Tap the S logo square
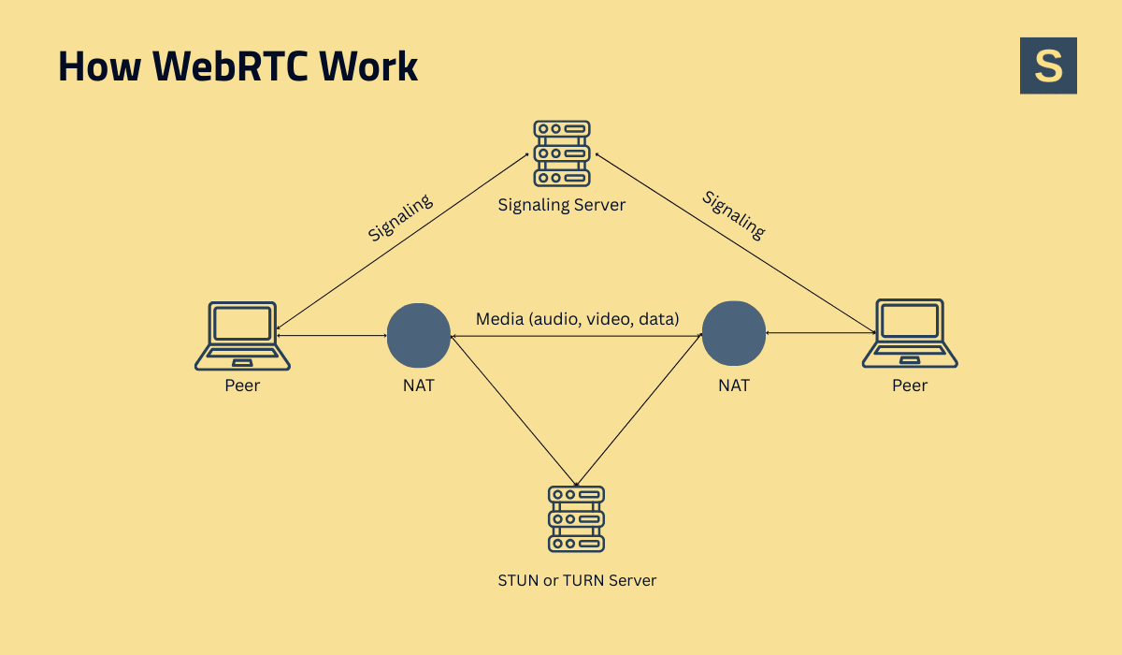[x=1048, y=65]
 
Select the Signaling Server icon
[x=561, y=153]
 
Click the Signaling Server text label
[x=561, y=204]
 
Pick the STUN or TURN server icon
[x=576, y=518]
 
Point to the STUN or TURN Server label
[x=577, y=580]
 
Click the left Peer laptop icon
[x=242, y=335]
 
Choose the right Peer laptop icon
[x=910, y=334]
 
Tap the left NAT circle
[x=419, y=335]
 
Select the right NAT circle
[x=734, y=334]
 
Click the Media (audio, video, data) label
[x=577, y=319]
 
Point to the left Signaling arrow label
[x=400, y=218]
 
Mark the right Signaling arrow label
[x=734, y=215]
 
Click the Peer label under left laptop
[x=242, y=385]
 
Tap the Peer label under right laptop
[x=910, y=385]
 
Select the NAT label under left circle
[x=419, y=385]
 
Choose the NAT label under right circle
[x=734, y=385]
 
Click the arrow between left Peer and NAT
[x=331, y=335]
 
